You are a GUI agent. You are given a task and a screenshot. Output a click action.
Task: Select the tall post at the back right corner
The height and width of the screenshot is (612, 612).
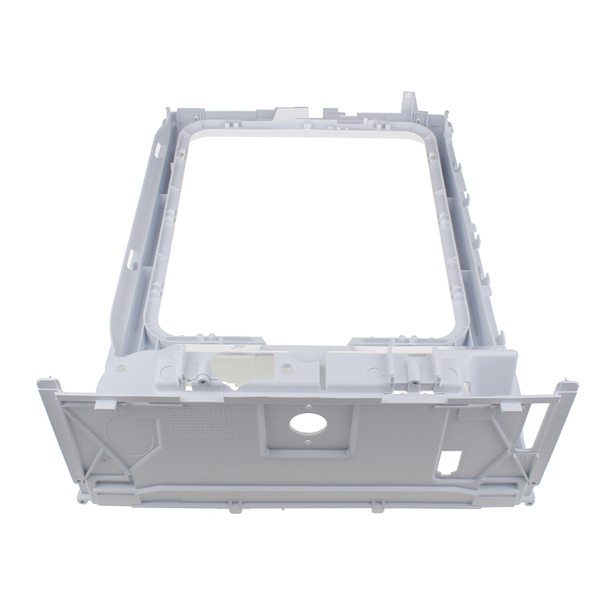(409, 103)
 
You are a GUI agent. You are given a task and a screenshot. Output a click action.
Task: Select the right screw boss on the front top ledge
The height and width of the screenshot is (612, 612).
(414, 381)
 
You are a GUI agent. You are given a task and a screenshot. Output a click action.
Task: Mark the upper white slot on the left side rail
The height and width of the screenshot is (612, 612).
(158, 145)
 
